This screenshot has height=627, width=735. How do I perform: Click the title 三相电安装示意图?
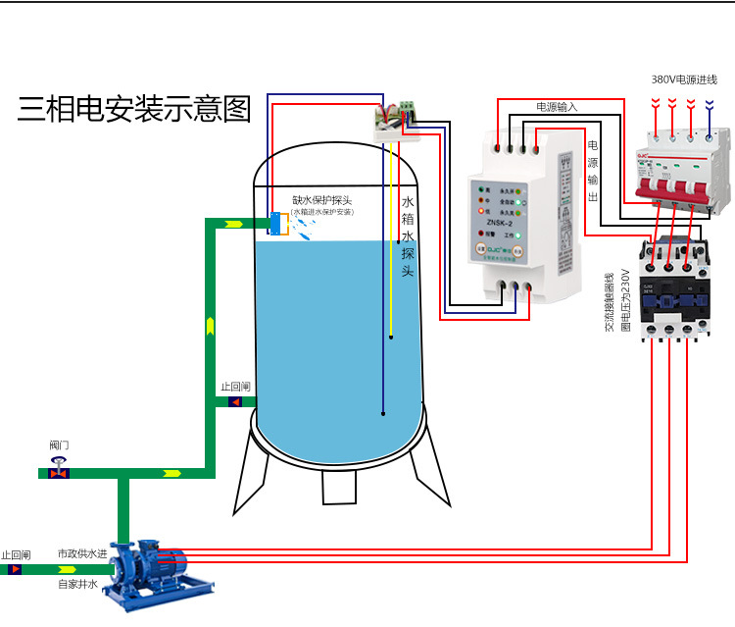134,109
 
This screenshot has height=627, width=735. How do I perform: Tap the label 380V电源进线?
684,78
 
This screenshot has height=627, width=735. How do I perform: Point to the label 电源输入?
556,106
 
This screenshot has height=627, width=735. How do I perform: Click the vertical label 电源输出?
592,173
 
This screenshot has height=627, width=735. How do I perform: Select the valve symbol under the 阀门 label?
60,472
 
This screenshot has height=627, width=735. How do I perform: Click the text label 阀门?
60,445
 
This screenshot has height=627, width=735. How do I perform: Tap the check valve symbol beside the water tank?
235,402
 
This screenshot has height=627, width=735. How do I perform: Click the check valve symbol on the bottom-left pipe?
15,569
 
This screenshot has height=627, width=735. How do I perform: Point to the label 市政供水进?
80,554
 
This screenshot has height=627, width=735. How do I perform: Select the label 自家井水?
77,585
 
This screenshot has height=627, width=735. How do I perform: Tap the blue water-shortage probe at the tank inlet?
275,223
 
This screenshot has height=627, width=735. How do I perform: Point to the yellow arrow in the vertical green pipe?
210,325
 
